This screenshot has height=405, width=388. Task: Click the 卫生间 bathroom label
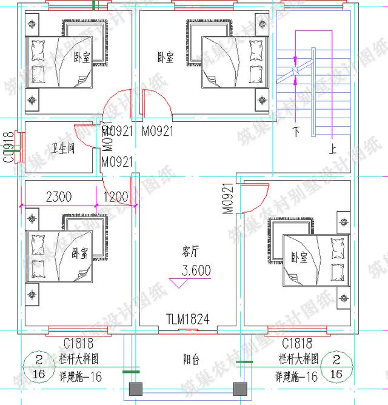pyautogui.click(x=62, y=149)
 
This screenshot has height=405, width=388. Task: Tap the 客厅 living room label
pyautogui.click(x=191, y=251)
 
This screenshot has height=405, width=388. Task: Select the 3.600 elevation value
pyautogui.click(x=195, y=270)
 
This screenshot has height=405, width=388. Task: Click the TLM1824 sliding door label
pyautogui.click(x=188, y=319)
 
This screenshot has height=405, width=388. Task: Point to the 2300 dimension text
pyautogui.click(x=59, y=196)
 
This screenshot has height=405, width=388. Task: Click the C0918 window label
pyautogui.click(x=8, y=147)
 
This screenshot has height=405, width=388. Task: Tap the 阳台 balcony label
pyautogui.click(x=191, y=360)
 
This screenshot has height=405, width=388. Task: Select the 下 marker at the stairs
pyautogui.click(x=297, y=130)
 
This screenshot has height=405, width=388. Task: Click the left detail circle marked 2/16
pyautogui.click(x=38, y=367)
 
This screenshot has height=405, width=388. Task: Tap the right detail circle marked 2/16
pyautogui.click(x=337, y=367)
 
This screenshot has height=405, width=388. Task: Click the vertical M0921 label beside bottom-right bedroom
pyautogui.click(x=227, y=199)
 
